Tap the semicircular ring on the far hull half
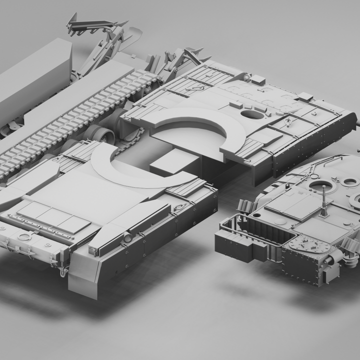(x=205, y=125)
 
